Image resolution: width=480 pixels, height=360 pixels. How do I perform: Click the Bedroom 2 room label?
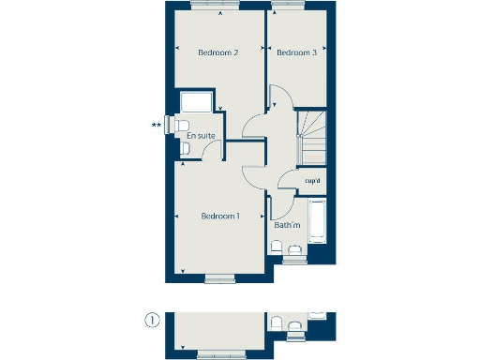pos(217,52)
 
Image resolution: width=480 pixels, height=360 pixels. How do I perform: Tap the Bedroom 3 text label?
pos(296,52)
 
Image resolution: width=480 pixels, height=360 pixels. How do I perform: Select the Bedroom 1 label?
pos(220,217)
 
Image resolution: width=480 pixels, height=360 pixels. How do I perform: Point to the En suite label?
pos(200,137)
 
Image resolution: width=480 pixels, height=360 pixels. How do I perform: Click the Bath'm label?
pos(287,225)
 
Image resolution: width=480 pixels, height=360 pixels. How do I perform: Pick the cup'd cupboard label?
pos(313,181)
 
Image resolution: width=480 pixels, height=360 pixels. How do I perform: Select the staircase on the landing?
pos(311,136)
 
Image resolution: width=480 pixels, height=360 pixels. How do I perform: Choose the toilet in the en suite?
pos(183,126)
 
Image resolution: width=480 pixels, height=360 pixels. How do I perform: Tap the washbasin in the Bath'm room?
pos(295,248)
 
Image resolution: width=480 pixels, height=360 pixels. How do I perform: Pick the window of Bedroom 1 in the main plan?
pos(220,277)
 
